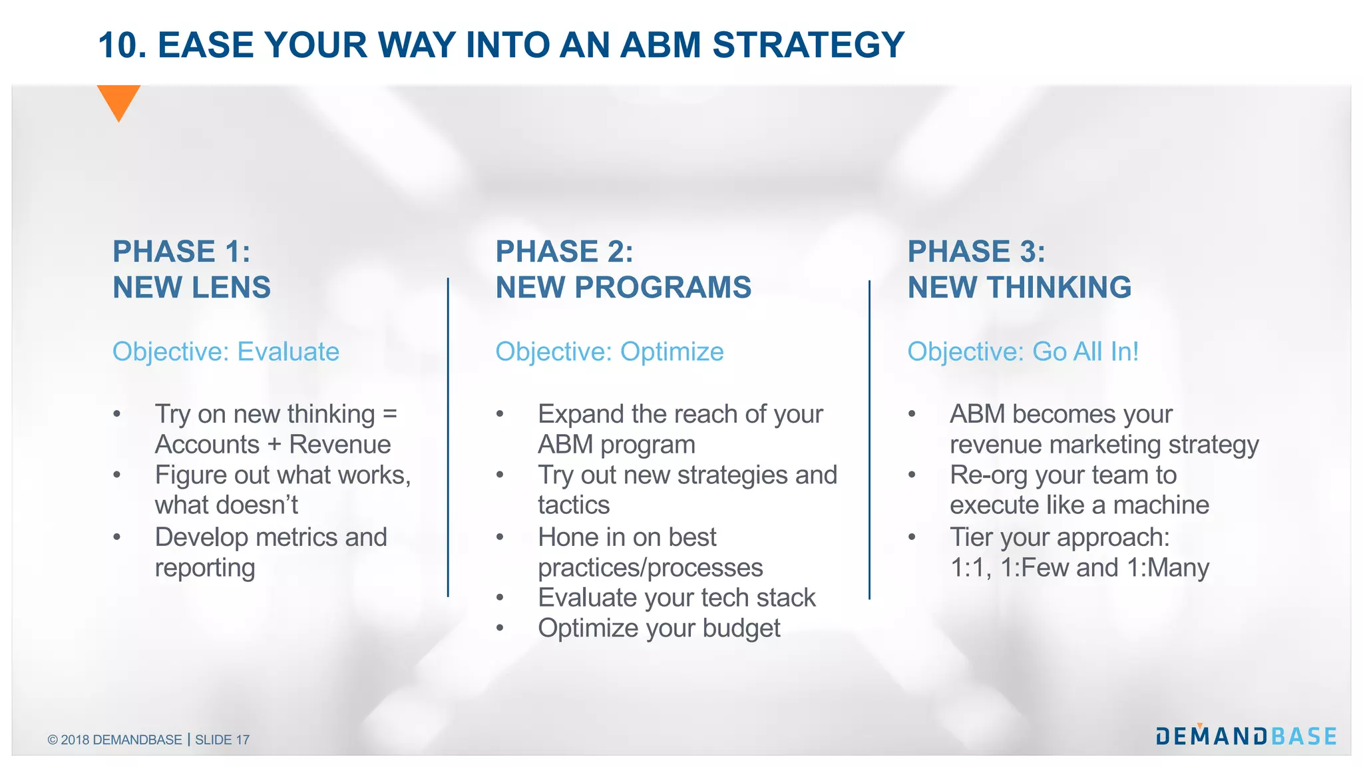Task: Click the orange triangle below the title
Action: [x=118, y=100]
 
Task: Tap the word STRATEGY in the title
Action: [x=808, y=45]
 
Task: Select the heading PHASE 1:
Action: [x=181, y=252]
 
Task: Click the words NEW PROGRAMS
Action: [x=623, y=288]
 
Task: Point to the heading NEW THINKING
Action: [x=1019, y=288]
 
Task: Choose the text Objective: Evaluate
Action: [x=226, y=352]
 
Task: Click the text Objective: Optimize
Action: [x=609, y=352]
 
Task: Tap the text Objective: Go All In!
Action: [x=1023, y=352]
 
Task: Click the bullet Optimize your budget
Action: [x=658, y=629]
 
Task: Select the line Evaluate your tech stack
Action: [x=676, y=598]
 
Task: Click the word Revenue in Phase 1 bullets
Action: [x=340, y=445]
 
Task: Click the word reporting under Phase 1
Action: [x=205, y=568]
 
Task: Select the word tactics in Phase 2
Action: [x=574, y=505]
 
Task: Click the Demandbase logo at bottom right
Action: [x=1246, y=736]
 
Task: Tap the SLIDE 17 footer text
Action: [x=222, y=740]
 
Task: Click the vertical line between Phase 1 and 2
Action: [x=448, y=437]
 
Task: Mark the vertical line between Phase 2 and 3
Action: [x=869, y=439]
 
